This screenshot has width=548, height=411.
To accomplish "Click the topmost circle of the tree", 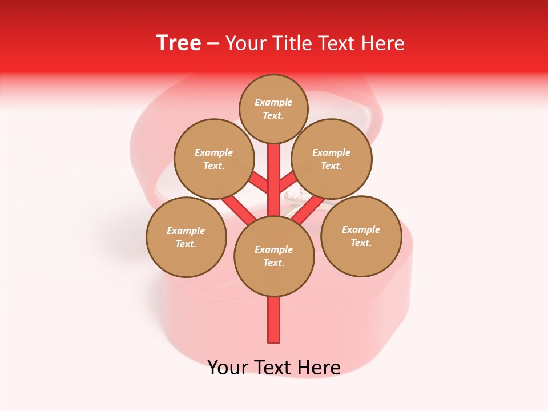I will pos(273,108).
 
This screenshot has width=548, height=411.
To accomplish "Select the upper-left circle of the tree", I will pos(213,159).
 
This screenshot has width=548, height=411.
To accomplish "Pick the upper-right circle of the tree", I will pos(331,159).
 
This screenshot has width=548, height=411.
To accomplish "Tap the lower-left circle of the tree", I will pos(186,237).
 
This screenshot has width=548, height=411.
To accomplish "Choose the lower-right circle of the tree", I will pos(361,236).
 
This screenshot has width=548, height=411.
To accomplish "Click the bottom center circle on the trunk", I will pos(274,256).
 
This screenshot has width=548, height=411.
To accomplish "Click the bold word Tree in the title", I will pos(179,43).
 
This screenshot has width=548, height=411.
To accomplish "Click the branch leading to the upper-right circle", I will pos(288,182).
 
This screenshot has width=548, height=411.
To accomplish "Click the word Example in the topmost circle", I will pos(273,102).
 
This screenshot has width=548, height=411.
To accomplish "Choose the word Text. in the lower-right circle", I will pos(361,243).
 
